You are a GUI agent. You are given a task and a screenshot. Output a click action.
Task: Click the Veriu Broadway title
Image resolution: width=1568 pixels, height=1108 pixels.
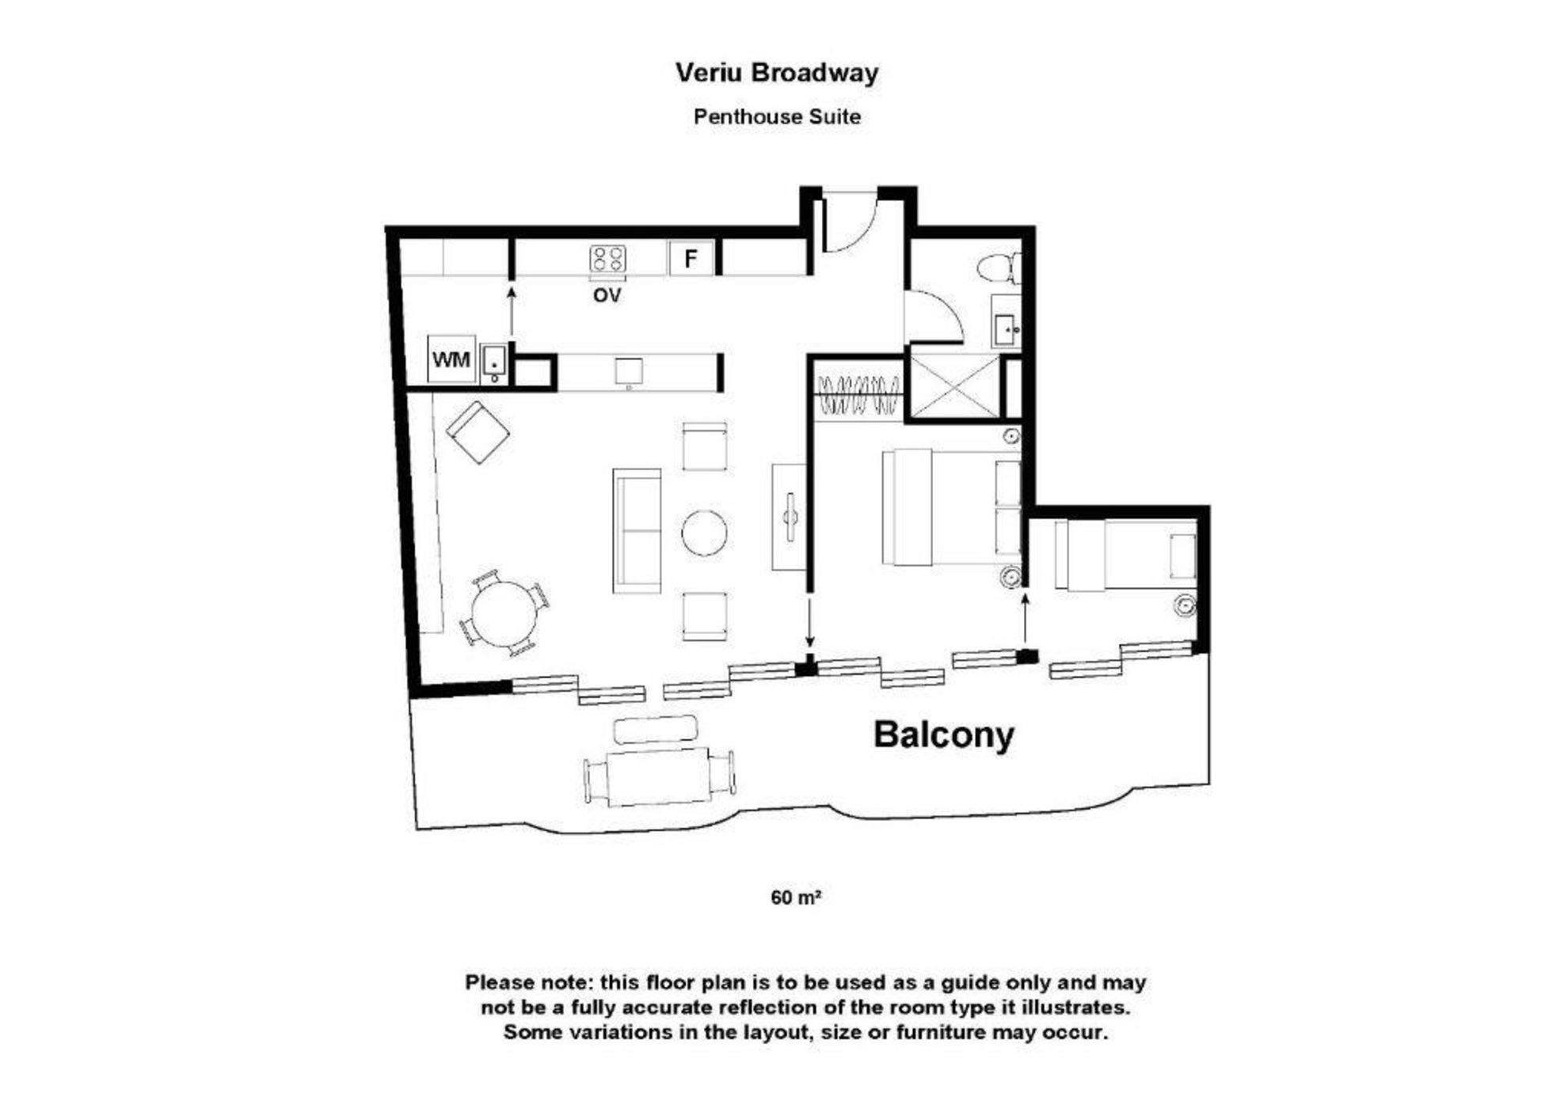pos(777,73)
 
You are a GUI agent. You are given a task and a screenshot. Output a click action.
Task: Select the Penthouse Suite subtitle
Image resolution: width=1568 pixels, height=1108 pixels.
pos(777,116)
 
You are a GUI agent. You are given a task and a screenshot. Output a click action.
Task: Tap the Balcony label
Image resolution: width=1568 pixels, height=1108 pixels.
pos(943,735)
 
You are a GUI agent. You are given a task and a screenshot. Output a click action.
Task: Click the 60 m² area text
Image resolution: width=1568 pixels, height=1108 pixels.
pos(795,897)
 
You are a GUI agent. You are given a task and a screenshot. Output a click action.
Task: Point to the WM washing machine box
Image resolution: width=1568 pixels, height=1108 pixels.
pos(451,359)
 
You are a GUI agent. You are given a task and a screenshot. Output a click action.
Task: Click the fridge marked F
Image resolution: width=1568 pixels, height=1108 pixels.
pos(691,258)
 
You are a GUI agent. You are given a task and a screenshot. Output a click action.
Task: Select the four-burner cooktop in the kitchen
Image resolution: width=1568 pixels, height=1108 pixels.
pos(607,259)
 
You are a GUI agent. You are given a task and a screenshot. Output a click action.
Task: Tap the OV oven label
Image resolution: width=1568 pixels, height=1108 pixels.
pos(607,295)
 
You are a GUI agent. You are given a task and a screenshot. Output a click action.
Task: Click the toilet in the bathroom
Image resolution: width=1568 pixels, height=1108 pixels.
pos(999,268)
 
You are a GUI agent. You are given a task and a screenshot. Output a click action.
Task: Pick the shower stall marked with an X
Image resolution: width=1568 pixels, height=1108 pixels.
pos(955,386)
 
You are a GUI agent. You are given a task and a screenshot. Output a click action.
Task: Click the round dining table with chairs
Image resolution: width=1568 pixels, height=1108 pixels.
pos(503,613)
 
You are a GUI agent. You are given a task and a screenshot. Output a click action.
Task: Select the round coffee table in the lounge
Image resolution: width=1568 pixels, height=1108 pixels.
pos(704,533)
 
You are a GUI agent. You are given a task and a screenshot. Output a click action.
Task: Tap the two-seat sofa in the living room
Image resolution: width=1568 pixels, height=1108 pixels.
pos(637,531)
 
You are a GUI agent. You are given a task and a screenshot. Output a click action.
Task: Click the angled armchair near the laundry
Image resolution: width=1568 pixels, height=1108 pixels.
pos(478,432)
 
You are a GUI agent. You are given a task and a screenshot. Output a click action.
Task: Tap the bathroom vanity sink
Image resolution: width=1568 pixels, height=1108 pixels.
pos(1007,328)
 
